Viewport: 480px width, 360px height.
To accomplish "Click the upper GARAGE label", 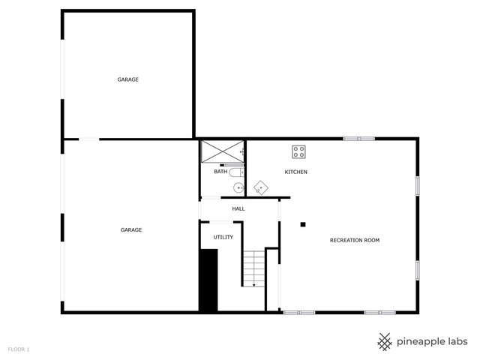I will point(127,79).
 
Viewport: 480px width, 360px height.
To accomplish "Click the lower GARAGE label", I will point(131,229).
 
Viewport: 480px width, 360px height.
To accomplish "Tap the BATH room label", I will point(220,172).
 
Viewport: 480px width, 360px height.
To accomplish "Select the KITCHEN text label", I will point(295,172).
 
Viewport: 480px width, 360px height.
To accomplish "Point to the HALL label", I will point(238,208).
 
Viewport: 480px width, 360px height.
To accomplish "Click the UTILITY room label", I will point(223,237).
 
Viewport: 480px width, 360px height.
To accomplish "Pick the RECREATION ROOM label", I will point(355,240).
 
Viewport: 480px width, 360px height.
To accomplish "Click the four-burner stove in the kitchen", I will point(299,151).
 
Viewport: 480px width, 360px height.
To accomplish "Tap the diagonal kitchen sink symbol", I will point(260,187).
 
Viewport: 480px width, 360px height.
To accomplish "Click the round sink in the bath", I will point(237,187).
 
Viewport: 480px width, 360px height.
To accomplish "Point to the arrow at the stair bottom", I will point(253,285).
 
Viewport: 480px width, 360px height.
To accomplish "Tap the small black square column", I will point(303,223).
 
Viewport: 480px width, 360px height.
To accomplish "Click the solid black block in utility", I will point(208,280).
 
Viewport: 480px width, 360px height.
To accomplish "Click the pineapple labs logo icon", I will point(385,341).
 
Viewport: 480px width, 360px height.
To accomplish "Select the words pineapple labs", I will point(433,341).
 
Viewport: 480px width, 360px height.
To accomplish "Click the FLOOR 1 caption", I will point(19,349).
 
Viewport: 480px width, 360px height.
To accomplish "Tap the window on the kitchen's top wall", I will point(358,138).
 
